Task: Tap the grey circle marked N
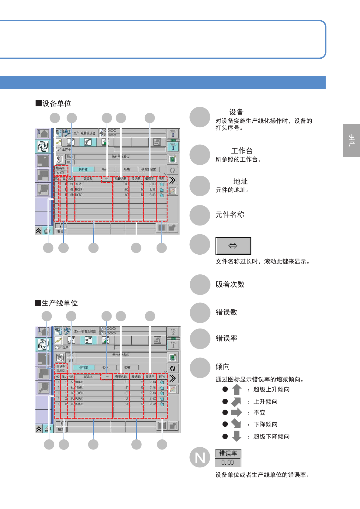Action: [200, 457]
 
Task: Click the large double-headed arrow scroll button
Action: [233, 246]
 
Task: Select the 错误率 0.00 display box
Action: [228, 458]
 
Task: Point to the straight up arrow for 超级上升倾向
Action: [237, 389]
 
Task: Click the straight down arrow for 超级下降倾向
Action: [237, 436]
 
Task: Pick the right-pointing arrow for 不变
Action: [236, 412]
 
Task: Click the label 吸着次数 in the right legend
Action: [230, 284]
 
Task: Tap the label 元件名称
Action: [230, 215]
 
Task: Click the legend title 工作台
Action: [242, 151]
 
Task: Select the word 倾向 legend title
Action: [223, 367]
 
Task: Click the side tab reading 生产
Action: [351, 140]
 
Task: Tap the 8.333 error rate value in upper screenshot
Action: [60, 172]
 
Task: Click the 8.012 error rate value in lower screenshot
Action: [61, 370]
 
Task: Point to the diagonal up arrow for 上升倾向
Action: [236, 401]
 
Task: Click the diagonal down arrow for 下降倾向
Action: [236, 424]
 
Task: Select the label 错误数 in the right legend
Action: [226, 312]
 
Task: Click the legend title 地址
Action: [240, 181]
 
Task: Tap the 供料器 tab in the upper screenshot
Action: [83, 169]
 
